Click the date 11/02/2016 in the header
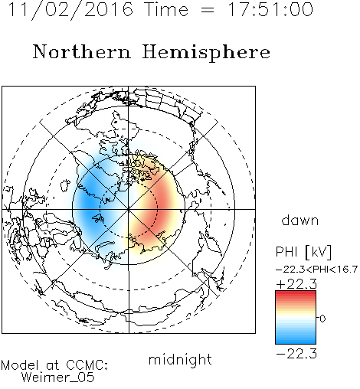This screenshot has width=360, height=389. pos(70,10)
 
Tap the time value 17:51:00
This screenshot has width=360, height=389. pos(270,9)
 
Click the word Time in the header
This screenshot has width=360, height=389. pos(166,9)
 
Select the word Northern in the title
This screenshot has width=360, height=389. pos(82,51)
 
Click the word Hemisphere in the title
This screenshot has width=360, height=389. pos(206,53)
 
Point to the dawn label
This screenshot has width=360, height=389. pos(300,220)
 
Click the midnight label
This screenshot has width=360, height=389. pos(180,359)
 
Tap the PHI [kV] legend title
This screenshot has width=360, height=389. pos(303,252)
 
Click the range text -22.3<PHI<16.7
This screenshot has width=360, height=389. pos(316,270)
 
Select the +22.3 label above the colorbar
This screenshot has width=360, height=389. pos(296,284)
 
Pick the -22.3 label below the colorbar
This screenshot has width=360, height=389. pos(296,354)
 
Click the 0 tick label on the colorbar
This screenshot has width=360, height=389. pos(322,319)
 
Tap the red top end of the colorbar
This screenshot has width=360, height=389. pos(296,293)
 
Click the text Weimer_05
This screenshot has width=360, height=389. pos(58,378)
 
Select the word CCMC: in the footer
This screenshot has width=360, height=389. pos(87,365)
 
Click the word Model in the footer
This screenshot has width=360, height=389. pos(20,365)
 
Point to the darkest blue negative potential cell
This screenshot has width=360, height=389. pos(90,201)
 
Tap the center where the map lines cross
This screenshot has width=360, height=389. pos(129,210)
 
